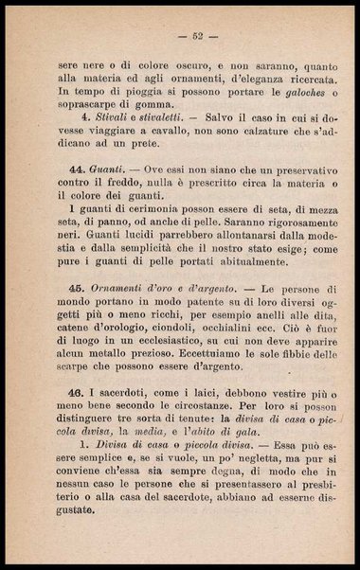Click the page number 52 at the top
pyautogui.click(x=198, y=37)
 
